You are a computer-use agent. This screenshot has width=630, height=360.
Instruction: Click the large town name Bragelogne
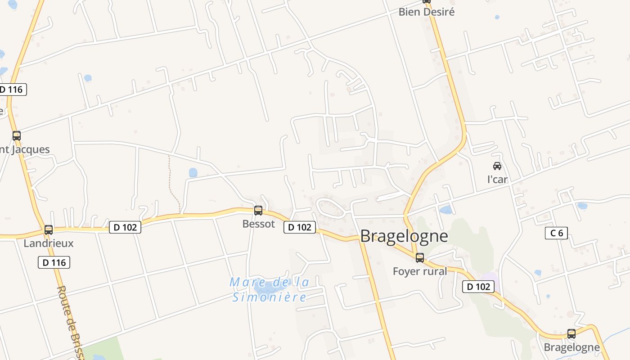pos(404,236)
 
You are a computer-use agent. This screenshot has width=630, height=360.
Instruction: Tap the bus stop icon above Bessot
pos(258,211)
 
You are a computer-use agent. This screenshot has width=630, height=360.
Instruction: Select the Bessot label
pos(258,224)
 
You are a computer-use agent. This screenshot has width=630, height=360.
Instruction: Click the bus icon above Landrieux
pos(49,230)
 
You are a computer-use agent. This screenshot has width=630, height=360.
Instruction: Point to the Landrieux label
pos(49,243)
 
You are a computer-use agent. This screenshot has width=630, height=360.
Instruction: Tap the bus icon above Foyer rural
pos(420,258)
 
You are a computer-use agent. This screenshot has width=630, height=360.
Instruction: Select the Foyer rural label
pos(420,271)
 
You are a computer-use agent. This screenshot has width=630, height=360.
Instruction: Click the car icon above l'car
pos(497,166)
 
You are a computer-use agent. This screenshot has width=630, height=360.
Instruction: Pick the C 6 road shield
pos(556,233)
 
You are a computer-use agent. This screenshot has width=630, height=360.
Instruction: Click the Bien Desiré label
pos(427,12)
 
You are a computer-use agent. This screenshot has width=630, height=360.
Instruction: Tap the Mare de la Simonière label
pos(270,289)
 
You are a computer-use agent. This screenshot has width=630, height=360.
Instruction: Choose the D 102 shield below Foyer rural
pos(478,286)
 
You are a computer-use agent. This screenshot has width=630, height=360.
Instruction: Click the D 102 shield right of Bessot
pos(300,227)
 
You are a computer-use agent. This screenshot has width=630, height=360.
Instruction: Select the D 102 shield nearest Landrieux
pos(125,227)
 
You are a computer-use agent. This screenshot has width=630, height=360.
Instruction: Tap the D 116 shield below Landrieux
pos(54,262)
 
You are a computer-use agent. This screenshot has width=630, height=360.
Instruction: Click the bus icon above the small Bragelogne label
pos(571,334)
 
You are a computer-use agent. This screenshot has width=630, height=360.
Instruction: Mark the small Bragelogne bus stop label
pos(571,347)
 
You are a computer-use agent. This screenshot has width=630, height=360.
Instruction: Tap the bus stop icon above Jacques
pos(17,136)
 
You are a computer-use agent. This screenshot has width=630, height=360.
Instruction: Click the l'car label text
pos(497,179)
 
